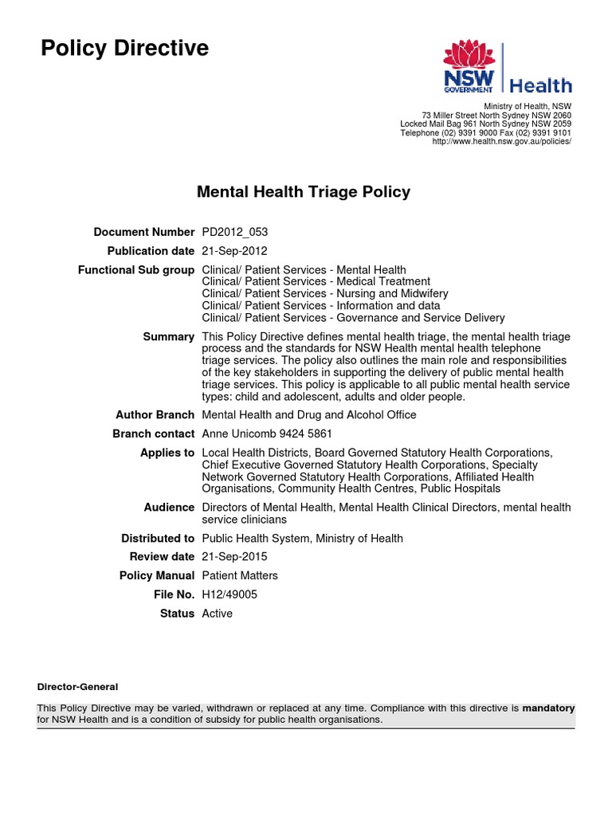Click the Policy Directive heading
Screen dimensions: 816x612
coord(124,49)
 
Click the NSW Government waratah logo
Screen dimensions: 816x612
coord(469,68)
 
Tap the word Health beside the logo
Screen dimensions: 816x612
coord(540,85)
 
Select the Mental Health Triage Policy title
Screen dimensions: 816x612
coord(304,192)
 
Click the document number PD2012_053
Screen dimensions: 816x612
coord(236,232)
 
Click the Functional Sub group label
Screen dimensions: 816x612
coord(135,270)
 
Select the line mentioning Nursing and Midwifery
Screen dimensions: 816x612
coord(325,293)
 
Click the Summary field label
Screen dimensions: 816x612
coord(168,337)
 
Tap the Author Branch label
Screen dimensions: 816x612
coord(155,414)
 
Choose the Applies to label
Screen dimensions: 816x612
coord(167,453)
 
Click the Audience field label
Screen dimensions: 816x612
coord(169,507)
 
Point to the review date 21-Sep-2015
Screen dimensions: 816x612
coord(234,556)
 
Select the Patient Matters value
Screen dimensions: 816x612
coord(240,575)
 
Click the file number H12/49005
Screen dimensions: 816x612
coord(229,594)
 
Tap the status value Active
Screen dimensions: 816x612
coord(218,614)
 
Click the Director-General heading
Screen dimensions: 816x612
coord(77,686)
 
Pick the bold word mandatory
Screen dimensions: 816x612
coord(548,708)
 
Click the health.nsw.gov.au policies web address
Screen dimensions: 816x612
coord(501,141)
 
